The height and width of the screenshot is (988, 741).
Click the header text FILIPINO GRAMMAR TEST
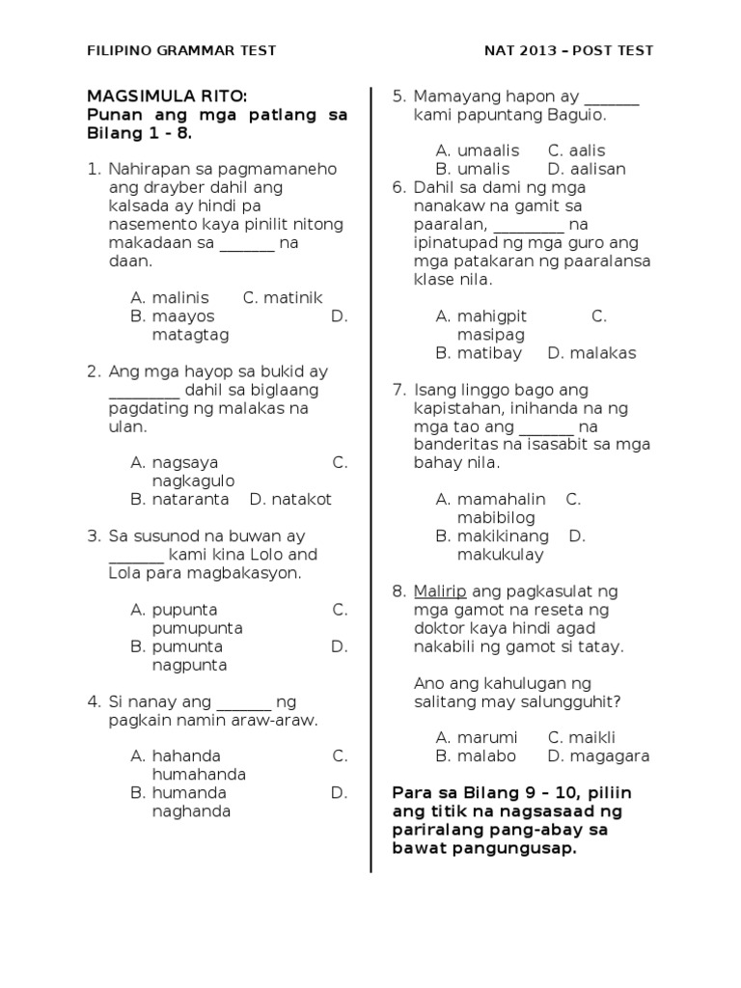(181, 50)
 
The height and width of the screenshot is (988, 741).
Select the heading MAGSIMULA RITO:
(167, 96)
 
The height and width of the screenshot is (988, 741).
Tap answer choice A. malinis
(170, 298)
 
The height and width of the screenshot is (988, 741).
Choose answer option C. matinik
(282, 298)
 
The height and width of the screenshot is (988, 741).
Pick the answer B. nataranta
(179, 500)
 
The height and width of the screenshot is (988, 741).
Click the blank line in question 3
(135, 556)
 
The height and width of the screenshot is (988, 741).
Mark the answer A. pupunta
(174, 610)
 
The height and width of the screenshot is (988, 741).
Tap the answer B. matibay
(479, 353)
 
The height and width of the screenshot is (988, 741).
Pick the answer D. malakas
(591, 353)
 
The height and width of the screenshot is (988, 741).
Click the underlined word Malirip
(441, 591)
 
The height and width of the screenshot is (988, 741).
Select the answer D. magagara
(598, 756)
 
